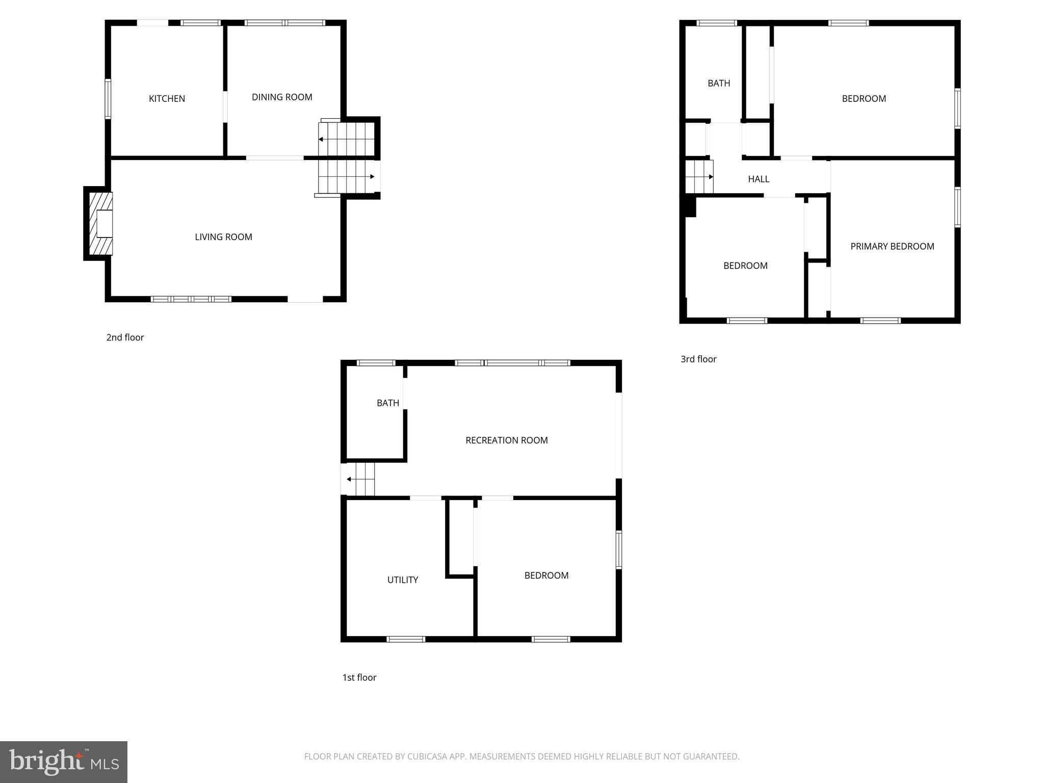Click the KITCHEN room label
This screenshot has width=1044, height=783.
pos(167,99)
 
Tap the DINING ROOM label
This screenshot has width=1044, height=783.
pos(282,97)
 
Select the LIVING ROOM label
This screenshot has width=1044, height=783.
pos(223,237)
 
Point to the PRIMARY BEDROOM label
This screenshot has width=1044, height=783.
pos(892,247)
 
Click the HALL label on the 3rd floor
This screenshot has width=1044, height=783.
pos(759,179)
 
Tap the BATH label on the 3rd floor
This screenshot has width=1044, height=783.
pos(719,84)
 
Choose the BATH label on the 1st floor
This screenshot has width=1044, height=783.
pos(388,403)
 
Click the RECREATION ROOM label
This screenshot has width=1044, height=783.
pos(507,440)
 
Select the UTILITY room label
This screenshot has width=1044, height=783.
pos(403,580)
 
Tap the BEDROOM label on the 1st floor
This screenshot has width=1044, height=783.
pos(546,576)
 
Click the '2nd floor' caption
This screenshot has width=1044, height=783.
pos(125,337)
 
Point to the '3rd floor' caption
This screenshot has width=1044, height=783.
pos(698,359)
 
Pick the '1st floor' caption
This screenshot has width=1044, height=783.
pos(359,677)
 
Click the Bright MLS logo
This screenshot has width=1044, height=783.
pos(64,762)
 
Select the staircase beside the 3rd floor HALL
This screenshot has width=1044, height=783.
pos(699,177)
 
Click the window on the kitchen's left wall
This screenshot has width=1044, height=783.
pos(108,99)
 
